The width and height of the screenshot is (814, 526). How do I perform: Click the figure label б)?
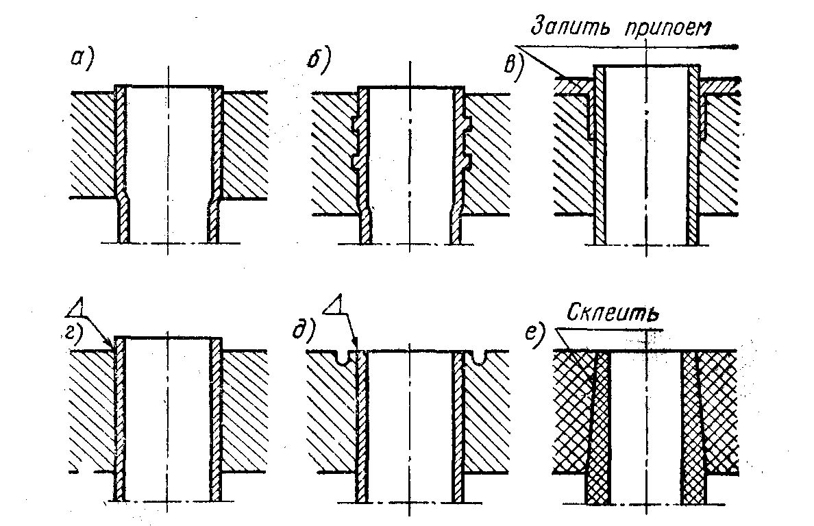pyautogui.click(x=319, y=61)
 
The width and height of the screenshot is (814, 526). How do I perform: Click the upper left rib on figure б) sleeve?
pyautogui.click(x=356, y=123)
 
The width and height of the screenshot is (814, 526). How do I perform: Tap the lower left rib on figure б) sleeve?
pyautogui.click(x=356, y=161)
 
